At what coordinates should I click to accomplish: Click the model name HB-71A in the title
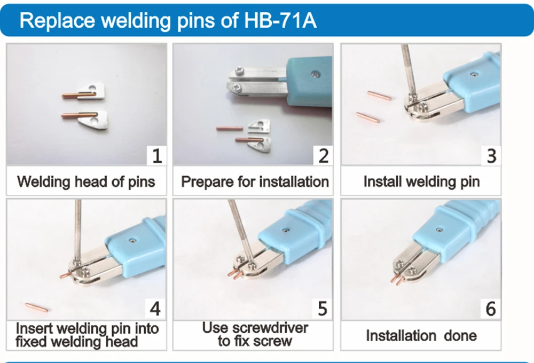click(280, 20)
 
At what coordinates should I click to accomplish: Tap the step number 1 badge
click(156, 156)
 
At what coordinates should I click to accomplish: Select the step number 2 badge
click(323, 156)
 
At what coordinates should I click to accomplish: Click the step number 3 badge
click(491, 156)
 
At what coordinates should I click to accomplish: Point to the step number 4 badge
click(155, 309)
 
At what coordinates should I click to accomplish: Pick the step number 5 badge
click(323, 309)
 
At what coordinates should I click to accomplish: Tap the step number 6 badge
click(490, 309)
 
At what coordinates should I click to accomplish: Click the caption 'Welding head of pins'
click(86, 181)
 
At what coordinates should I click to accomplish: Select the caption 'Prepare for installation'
click(255, 182)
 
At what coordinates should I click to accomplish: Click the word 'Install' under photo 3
click(383, 181)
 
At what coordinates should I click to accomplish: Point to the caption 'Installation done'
click(421, 336)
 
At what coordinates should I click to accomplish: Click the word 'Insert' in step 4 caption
click(34, 329)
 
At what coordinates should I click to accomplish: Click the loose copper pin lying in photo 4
click(36, 307)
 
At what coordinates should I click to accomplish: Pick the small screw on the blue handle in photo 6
click(439, 230)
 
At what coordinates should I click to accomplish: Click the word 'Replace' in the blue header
click(57, 20)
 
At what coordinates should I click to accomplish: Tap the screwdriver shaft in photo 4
click(78, 230)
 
